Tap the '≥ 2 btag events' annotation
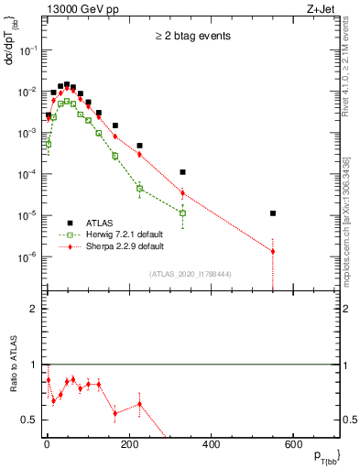click(x=192, y=37)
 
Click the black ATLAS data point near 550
click(x=273, y=213)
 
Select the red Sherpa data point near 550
click(x=273, y=251)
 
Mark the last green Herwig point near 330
click(x=182, y=213)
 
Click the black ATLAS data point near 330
click(x=182, y=172)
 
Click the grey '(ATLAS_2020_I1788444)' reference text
click(x=191, y=273)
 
